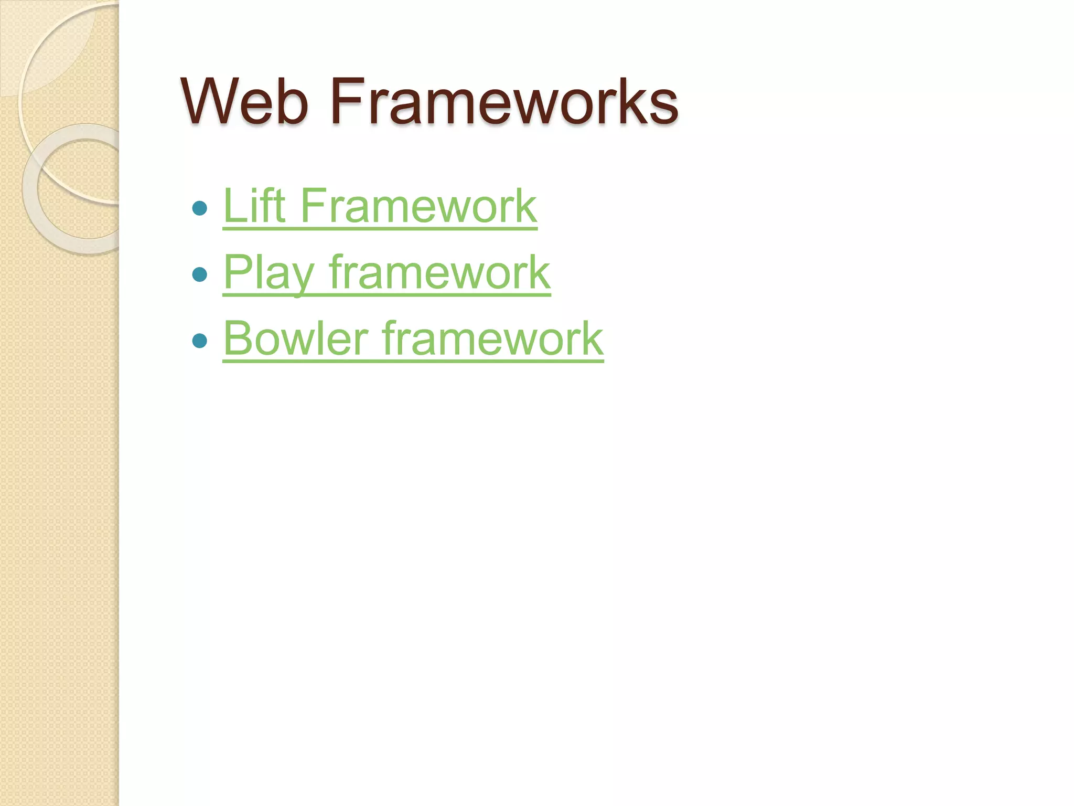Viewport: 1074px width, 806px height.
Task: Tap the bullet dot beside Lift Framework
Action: (200, 208)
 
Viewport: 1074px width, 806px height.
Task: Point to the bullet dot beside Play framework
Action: (200, 274)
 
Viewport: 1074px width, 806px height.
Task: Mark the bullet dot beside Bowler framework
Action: (200, 341)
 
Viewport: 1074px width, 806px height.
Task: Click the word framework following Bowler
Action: (492, 338)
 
